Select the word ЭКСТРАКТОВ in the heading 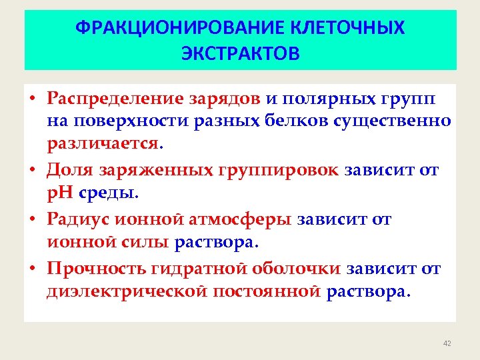point(241,53)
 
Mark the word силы point(146,241)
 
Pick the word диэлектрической point(123,291)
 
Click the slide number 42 point(447,343)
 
